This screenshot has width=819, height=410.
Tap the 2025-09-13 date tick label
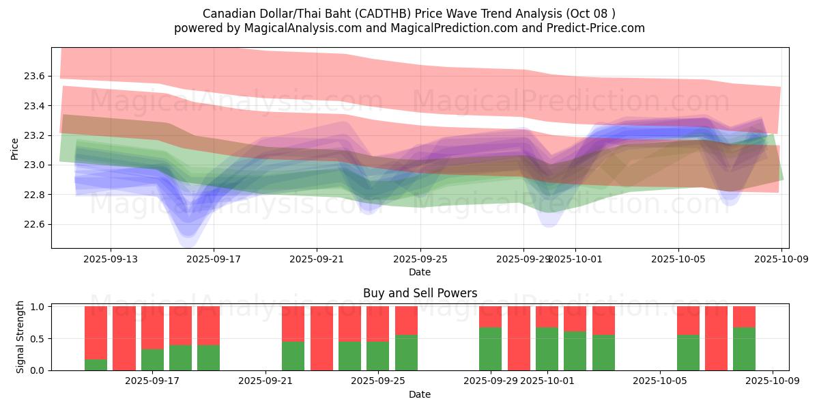pyautogui.click(x=111, y=259)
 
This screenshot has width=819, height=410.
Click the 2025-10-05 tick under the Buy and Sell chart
pyautogui.click(x=660, y=381)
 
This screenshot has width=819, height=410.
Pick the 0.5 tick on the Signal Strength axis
pyautogui.click(x=38, y=338)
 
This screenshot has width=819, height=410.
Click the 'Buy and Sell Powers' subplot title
pyautogui.click(x=420, y=293)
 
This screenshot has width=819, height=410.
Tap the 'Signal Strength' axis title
pyautogui.click(x=20, y=337)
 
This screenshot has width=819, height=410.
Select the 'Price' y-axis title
pyautogui.click(x=15, y=148)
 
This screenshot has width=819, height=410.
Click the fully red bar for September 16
pyautogui.click(x=124, y=338)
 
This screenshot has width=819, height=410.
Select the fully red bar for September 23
pyautogui.click(x=321, y=338)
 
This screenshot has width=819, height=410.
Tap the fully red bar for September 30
pyautogui.click(x=519, y=338)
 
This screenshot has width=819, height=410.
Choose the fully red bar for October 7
pyautogui.click(x=716, y=338)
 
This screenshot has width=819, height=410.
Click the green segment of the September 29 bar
pyautogui.click(x=491, y=348)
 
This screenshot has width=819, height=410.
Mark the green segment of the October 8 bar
pyautogui.click(x=744, y=348)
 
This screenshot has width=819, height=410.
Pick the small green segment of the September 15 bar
pyautogui.click(x=96, y=365)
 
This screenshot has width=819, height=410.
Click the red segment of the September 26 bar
pyautogui.click(x=406, y=320)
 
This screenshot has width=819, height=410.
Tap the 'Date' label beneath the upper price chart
pyautogui.click(x=420, y=272)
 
